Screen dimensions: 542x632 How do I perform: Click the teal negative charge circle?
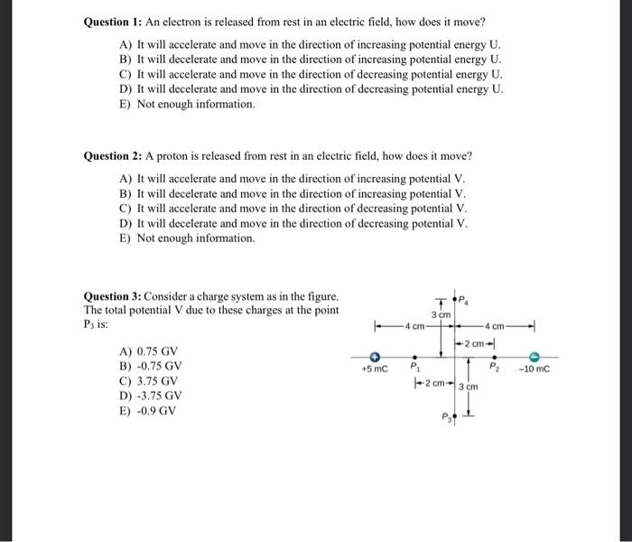pos(534,357)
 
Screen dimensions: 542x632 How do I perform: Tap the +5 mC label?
pos(374,369)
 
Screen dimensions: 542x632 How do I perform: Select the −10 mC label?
pos(535,369)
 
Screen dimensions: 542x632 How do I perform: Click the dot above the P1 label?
pos(414,357)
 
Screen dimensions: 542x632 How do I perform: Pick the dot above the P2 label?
pos(494,357)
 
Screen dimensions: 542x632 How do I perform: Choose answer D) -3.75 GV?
pos(151,396)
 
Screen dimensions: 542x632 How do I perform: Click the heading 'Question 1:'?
pos(112,22)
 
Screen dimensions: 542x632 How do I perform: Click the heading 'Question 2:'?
pos(112,155)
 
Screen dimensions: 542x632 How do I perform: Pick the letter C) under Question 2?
pos(125,209)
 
